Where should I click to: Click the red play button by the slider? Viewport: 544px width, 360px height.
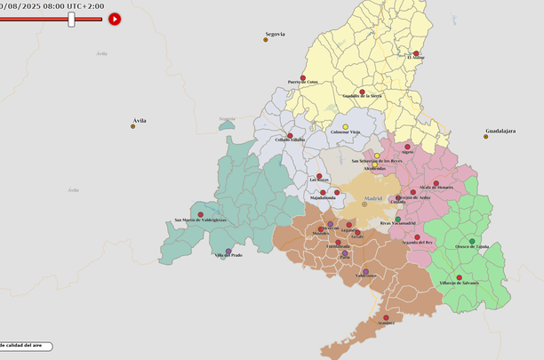[x=115, y=19]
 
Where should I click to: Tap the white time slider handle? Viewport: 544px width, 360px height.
[x=72, y=19]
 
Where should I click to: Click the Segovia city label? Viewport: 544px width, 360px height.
[x=275, y=34]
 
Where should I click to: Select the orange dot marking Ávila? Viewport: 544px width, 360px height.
[x=133, y=126]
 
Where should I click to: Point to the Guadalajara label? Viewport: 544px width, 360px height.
[x=500, y=132]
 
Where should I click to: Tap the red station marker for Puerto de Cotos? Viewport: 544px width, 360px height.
[x=303, y=78]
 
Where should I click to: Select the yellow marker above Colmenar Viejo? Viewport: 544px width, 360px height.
[x=345, y=126]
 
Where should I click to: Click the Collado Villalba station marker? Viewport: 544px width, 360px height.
[x=290, y=136]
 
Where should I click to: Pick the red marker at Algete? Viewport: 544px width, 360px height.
[x=408, y=147]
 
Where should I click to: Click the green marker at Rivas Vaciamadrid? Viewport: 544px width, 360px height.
[x=397, y=219]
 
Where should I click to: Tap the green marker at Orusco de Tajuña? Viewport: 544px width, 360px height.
[x=472, y=241]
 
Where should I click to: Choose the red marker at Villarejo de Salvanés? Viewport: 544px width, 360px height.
[x=459, y=277]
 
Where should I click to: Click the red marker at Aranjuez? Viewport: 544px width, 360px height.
[x=386, y=317]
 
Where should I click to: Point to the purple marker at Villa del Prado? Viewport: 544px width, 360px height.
[x=228, y=252]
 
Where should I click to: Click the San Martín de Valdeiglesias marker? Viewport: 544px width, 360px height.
[x=200, y=214]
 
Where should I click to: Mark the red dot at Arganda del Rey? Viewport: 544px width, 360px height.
[x=417, y=237]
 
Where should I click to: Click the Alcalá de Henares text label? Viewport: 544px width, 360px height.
[x=436, y=188]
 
